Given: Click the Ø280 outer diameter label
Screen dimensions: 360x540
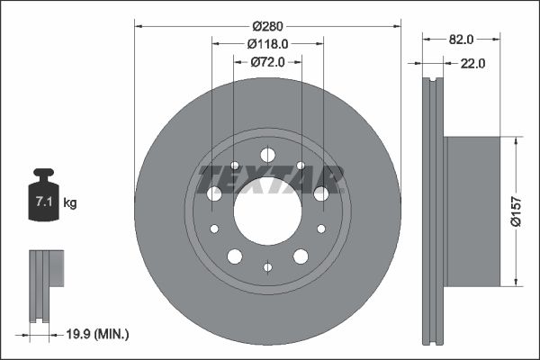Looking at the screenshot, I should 267,24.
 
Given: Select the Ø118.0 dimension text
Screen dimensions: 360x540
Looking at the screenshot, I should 267,42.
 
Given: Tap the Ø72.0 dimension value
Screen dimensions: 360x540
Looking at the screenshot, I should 267,61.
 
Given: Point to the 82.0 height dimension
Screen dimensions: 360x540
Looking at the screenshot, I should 460,39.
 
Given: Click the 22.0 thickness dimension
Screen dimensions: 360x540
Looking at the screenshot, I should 472,63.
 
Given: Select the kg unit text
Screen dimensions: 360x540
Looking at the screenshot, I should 69,203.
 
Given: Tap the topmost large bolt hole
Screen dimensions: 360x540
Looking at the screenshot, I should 267,154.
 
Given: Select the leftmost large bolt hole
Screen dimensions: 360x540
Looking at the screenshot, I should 214,193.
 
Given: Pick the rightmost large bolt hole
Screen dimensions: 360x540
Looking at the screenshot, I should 320,193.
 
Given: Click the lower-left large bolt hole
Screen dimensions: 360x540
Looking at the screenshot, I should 235,256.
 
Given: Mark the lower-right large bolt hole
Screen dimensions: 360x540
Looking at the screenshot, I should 300,256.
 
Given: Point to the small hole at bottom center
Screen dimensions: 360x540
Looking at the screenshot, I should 267,266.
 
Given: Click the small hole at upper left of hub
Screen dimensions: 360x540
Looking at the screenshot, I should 235,166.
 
